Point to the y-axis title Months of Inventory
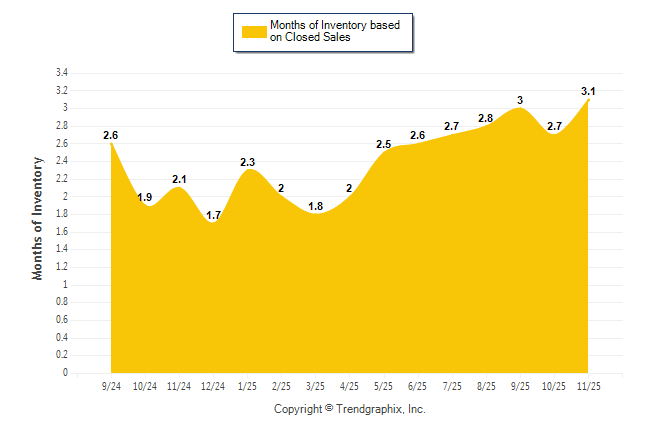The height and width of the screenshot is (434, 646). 38,218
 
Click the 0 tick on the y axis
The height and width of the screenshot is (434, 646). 65,373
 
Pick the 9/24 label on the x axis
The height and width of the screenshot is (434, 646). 112,386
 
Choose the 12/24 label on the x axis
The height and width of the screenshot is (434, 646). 213,386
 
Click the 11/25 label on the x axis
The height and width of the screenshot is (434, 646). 589,386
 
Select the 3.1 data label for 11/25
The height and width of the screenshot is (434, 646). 590,92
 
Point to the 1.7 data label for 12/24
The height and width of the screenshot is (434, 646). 214,215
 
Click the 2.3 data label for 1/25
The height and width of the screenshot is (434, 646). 248,162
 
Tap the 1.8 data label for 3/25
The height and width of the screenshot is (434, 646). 316,206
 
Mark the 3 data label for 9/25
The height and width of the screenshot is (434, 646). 520,100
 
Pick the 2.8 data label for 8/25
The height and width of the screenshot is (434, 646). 486,118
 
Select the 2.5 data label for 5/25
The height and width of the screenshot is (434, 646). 384,145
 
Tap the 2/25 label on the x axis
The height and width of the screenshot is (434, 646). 282,386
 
